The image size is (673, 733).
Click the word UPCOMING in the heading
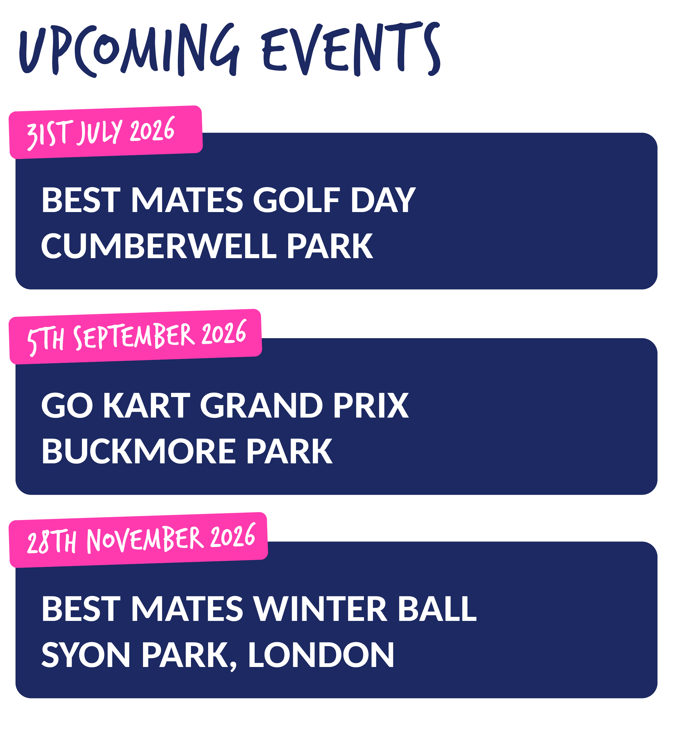[x=129, y=50]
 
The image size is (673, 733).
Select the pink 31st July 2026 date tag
[x=106, y=132]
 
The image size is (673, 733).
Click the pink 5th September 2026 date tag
[x=135, y=336]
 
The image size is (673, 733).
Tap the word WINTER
[x=321, y=608]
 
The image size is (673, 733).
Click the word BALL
[x=437, y=608]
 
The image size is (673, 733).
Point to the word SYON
[x=86, y=655]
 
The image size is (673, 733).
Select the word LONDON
[x=321, y=655]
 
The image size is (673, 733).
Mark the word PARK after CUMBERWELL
[x=330, y=246]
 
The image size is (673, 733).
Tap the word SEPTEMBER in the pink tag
[x=134, y=336]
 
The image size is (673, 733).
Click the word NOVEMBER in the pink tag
[x=145, y=539]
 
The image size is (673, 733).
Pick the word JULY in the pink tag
[x=99, y=132]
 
